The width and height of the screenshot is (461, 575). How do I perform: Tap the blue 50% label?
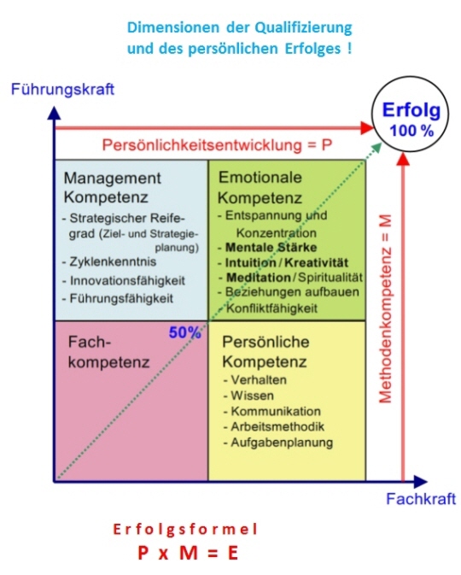(x=184, y=332)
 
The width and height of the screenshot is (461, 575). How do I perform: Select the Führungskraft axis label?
(x=62, y=89)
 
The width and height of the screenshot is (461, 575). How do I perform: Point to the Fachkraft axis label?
(x=421, y=499)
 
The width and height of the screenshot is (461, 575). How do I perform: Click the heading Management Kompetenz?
(x=112, y=187)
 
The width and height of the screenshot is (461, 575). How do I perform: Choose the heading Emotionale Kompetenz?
(x=260, y=187)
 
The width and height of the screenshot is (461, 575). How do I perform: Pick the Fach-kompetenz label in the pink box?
(x=108, y=352)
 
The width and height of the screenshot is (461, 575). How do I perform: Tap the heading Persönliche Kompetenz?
(x=266, y=352)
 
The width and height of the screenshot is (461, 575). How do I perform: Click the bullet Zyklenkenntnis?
(x=109, y=261)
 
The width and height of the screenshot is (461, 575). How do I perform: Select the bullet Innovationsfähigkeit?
(x=124, y=280)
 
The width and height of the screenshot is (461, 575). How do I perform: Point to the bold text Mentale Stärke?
(x=271, y=248)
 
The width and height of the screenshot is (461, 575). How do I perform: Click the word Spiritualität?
(x=330, y=277)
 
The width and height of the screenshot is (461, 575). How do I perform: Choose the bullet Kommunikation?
(x=272, y=411)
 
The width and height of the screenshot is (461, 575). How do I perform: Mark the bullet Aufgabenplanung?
(x=278, y=443)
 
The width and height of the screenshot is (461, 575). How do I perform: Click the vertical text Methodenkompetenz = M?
(x=385, y=308)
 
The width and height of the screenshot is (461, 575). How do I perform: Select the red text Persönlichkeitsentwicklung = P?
(x=218, y=145)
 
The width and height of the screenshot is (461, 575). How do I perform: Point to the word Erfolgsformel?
(x=185, y=529)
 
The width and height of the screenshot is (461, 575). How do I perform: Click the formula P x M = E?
(x=188, y=553)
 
